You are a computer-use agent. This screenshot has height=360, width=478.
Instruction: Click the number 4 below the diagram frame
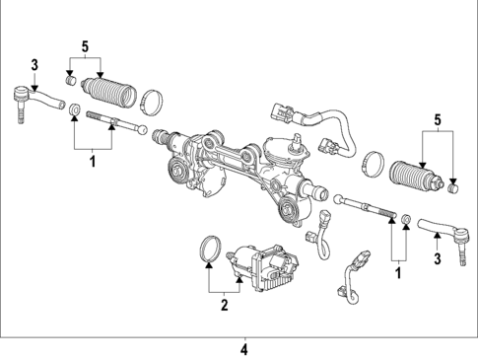[x=244, y=347]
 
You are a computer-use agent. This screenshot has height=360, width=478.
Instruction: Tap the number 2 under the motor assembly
[x=224, y=306]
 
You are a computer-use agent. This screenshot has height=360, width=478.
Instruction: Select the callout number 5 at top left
[x=86, y=46]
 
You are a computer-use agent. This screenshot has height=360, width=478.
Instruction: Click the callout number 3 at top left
[x=34, y=65]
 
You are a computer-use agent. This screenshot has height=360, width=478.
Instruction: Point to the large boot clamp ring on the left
[x=152, y=100]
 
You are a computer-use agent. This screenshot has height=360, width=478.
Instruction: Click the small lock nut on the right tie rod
[x=405, y=218]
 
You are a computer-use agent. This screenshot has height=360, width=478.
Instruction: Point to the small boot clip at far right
[x=454, y=185]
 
